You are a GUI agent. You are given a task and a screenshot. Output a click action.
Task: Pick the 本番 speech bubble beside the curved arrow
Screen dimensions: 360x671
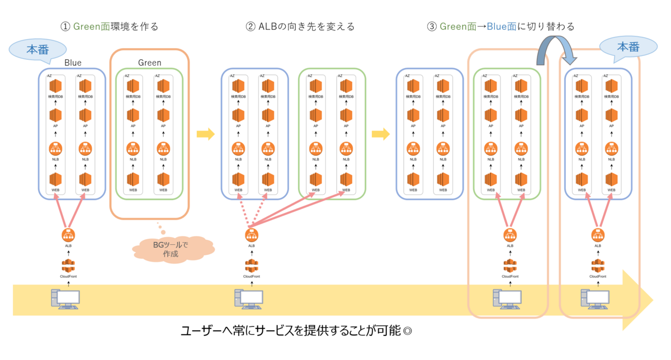(627, 48)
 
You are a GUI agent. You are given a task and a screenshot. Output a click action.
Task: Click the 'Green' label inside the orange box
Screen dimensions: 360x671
(149, 63)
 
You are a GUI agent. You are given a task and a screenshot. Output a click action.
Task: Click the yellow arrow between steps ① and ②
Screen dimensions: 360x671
(206, 134)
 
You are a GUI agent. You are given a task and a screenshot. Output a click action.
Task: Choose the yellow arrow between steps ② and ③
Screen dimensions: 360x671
(381, 134)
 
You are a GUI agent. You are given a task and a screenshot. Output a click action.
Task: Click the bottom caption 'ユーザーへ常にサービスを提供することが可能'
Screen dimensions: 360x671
(296, 330)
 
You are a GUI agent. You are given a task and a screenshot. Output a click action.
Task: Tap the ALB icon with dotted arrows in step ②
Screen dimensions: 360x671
(251, 235)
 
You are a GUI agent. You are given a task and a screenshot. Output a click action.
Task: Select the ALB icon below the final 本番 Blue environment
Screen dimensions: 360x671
(597, 235)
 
